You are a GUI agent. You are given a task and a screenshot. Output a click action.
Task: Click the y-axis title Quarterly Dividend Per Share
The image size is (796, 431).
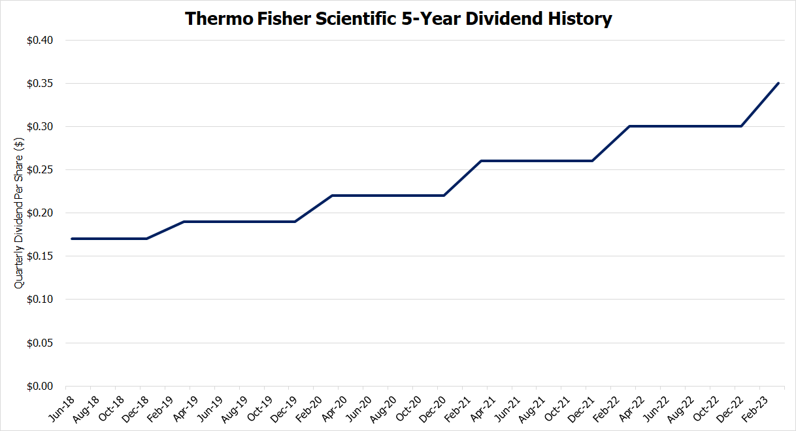click(x=20, y=213)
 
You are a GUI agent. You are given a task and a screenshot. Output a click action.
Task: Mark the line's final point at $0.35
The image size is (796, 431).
click(x=778, y=83)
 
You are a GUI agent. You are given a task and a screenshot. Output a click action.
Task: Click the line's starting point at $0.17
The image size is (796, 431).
click(x=72, y=239)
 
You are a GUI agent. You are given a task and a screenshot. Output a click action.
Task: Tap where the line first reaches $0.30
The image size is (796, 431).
click(x=629, y=126)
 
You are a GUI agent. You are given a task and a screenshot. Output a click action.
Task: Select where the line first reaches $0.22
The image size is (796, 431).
click(x=332, y=196)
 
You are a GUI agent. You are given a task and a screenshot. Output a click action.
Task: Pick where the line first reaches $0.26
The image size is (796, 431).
click(x=481, y=161)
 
